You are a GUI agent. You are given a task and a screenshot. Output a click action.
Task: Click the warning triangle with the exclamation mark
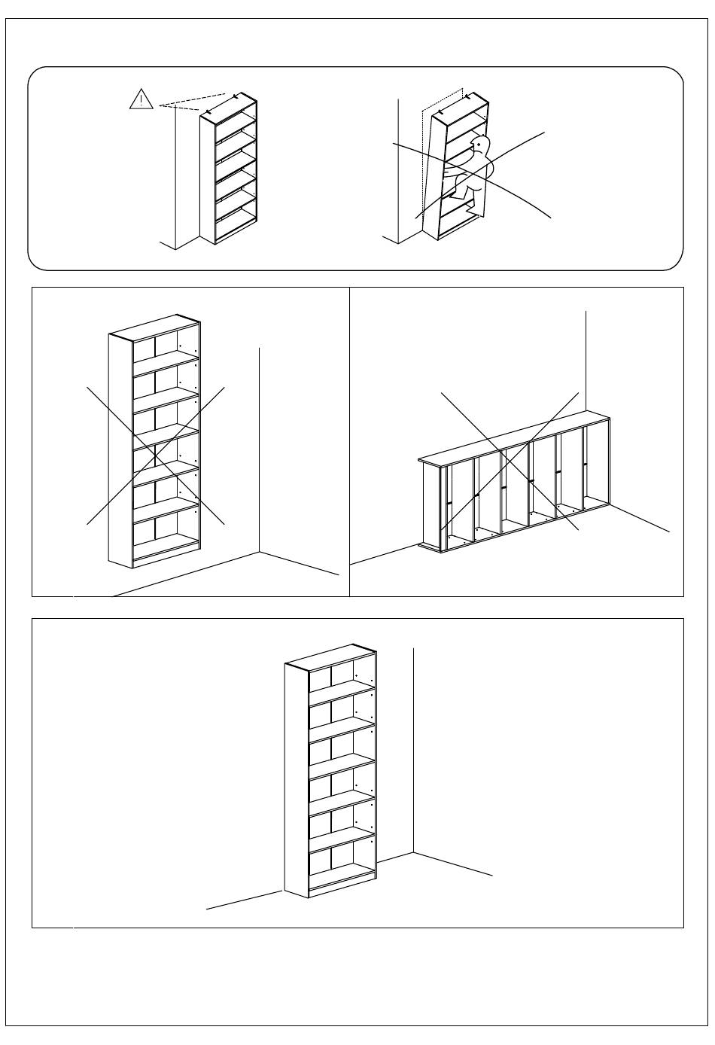(141, 99)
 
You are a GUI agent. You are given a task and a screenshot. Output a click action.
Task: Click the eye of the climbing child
(479, 143)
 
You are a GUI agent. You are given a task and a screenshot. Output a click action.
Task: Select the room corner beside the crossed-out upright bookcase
(260, 552)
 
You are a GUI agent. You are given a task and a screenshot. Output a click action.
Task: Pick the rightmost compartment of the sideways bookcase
(596, 471)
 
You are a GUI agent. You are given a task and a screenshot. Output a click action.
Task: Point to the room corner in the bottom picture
(413, 853)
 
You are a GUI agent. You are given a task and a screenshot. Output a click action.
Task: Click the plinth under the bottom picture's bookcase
(342, 888)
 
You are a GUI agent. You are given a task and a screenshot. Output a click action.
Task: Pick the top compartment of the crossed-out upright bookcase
(166, 346)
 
